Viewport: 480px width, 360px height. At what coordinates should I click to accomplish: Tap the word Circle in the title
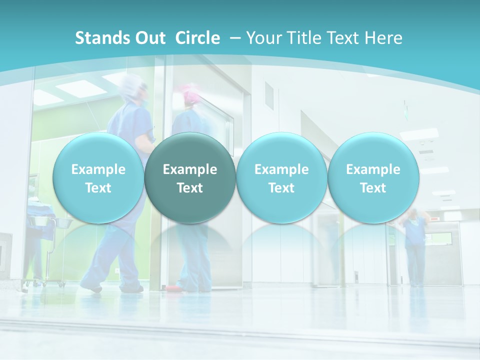tap(197, 38)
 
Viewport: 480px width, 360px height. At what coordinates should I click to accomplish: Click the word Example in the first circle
tap(98, 169)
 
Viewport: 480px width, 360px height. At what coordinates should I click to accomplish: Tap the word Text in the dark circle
tap(190, 188)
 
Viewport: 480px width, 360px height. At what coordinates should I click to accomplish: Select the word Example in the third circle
tap(281, 169)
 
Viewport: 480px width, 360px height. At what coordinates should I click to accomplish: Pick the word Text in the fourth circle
tap(373, 188)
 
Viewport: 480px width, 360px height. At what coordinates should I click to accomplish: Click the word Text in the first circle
tap(98, 188)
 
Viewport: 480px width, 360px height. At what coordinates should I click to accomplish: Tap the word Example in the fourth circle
tap(373, 169)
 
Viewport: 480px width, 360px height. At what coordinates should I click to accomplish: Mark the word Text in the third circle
tap(281, 188)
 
